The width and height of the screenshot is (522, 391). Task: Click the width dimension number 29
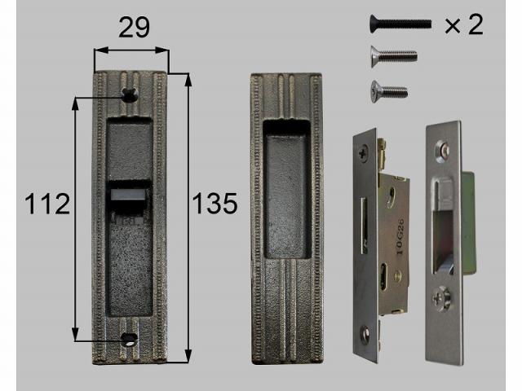click(x=134, y=27)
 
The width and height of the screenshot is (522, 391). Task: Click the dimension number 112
click(x=47, y=204)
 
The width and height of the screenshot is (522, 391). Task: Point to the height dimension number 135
click(x=215, y=204)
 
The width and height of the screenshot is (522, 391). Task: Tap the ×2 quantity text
click(x=464, y=24)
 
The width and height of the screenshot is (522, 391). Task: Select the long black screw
click(x=400, y=24)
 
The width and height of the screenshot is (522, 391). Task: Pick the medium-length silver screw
click(x=394, y=56)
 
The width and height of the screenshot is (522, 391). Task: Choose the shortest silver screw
click(x=389, y=91)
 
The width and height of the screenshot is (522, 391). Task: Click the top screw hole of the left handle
click(x=130, y=95)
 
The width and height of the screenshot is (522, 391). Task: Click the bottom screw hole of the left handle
click(x=130, y=339)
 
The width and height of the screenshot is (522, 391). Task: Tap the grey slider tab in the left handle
click(x=128, y=195)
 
